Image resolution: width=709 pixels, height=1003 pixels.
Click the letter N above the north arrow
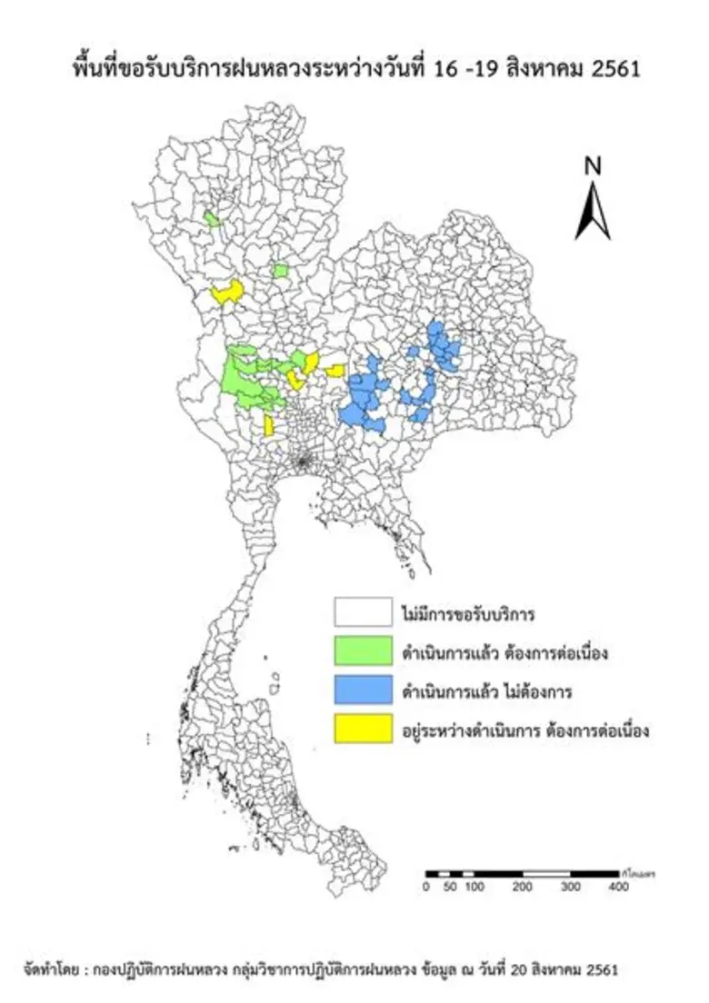593,166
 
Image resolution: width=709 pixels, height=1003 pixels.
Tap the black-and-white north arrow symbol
593,211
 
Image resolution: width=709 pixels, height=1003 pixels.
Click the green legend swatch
362,651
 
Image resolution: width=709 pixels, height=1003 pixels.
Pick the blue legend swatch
362,690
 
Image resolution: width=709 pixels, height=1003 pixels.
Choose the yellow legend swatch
362,729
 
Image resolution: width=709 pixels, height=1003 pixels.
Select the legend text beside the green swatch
504,653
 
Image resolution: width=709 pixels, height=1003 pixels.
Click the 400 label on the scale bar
618,888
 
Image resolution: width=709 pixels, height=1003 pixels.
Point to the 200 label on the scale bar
522,888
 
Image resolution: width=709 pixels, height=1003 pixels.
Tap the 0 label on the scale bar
426,888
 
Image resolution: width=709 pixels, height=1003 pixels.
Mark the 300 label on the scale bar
570,888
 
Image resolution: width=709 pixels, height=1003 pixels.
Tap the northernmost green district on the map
213,219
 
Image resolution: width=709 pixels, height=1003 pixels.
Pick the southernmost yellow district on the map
269,425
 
